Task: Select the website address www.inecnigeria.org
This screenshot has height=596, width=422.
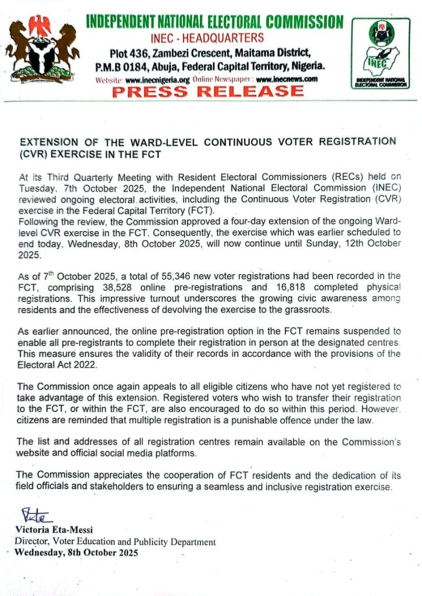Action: (x=157, y=79)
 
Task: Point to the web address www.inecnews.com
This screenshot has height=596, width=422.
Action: (x=287, y=79)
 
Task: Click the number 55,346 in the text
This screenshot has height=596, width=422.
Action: (x=178, y=275)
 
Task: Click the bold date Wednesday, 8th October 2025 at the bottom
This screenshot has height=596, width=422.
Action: (x=77, y=553)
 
